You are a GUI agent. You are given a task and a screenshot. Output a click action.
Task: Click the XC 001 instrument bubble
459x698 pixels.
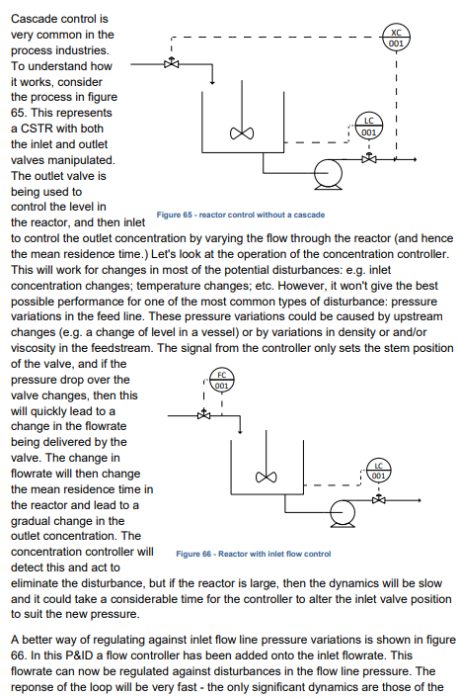pos(395,40)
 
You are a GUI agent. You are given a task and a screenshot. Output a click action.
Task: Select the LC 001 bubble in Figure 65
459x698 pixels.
pos(369,131)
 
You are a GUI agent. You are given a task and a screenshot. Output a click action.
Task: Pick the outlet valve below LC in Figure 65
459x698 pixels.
pos(369,157)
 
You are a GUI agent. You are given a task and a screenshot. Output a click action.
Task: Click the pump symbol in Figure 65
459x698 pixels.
pos(326,173)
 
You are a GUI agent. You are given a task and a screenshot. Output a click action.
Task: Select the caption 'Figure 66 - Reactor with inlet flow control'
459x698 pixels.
pos(253,554)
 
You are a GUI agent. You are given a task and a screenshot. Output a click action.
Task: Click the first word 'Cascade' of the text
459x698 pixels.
pos(36,19)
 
